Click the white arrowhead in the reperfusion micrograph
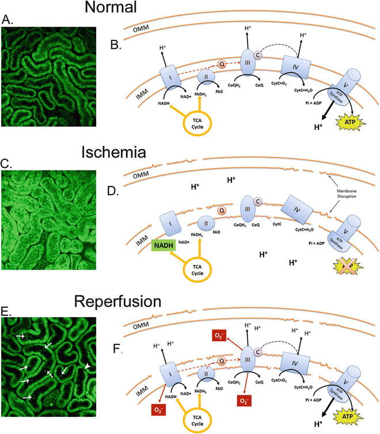click(x=87, y=366)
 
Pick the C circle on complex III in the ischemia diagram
click(x=259, y=201)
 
